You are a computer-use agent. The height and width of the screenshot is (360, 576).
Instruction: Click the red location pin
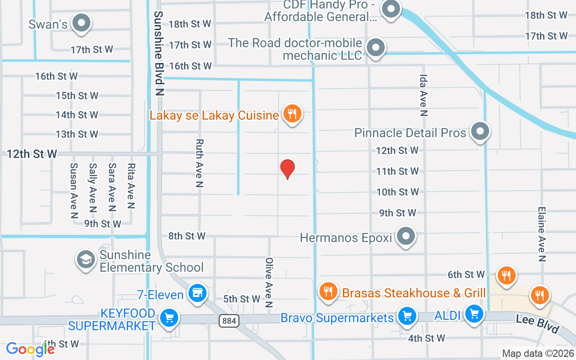click(x=288, y=169)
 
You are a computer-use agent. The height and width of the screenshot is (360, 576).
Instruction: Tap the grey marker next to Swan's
click(x=82, y=22)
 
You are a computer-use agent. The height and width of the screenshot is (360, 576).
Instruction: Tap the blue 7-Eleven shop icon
click(x=197, y=293)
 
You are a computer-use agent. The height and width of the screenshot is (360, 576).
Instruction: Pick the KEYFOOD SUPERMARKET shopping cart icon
click(x=169, y=318)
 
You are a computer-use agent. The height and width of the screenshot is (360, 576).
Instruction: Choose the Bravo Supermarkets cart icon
click(x=407, y=315)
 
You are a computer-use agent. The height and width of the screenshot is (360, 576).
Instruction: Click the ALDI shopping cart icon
click(x=474, y=313)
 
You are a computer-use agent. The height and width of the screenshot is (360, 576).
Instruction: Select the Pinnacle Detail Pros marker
click(x=480, y=131)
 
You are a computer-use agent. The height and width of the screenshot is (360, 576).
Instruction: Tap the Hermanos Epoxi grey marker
click(x=407, y=236)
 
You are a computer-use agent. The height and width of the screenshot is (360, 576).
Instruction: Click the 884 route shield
click(x=229, y=321)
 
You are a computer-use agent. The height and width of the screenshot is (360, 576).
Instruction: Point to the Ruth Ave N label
click(x=199, y=163)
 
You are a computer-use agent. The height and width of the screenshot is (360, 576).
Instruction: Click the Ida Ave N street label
click(x=423, y=95)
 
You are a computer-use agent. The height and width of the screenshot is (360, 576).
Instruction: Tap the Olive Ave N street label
click(x=269, y=282)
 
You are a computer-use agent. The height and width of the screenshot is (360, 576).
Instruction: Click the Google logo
click(x=30, y=349)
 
